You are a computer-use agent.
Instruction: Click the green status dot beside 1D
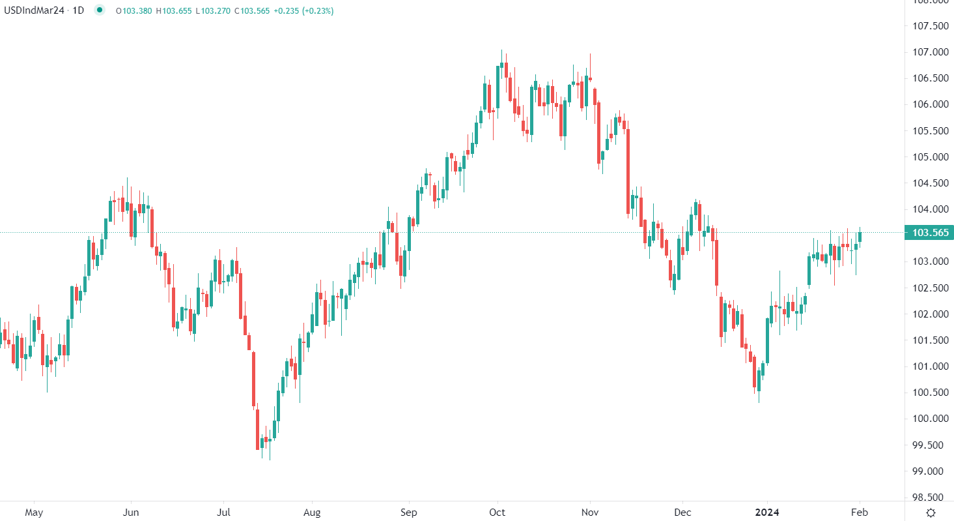point(99,10)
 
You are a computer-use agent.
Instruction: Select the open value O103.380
point(133,10)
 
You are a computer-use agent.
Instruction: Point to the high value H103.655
point(175,10)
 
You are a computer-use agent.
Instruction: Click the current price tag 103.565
point(929,233)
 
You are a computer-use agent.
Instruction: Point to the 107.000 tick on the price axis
point(930,52)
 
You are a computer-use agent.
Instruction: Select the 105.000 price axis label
point(930,157)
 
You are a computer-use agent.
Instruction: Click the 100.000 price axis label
point(930,419)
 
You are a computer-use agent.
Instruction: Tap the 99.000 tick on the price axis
point(930,471)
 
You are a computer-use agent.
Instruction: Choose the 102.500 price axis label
point(930,288)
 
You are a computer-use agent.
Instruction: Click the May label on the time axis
point(34,513)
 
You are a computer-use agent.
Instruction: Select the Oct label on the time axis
point(498,513)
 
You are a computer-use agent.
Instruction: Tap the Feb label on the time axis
point(860,513)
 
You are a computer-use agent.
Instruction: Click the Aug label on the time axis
point(313,513)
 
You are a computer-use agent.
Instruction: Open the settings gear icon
point(931,513)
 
